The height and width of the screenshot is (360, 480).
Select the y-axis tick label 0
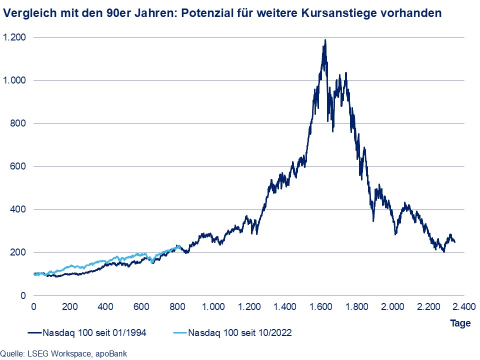pos(23,295)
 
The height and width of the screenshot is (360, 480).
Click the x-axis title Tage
pos(460,323)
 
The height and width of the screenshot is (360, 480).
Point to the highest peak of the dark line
pos(325,40)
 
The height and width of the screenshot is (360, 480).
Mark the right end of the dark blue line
pos(454,242)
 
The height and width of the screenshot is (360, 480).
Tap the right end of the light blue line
pos(178,247)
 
